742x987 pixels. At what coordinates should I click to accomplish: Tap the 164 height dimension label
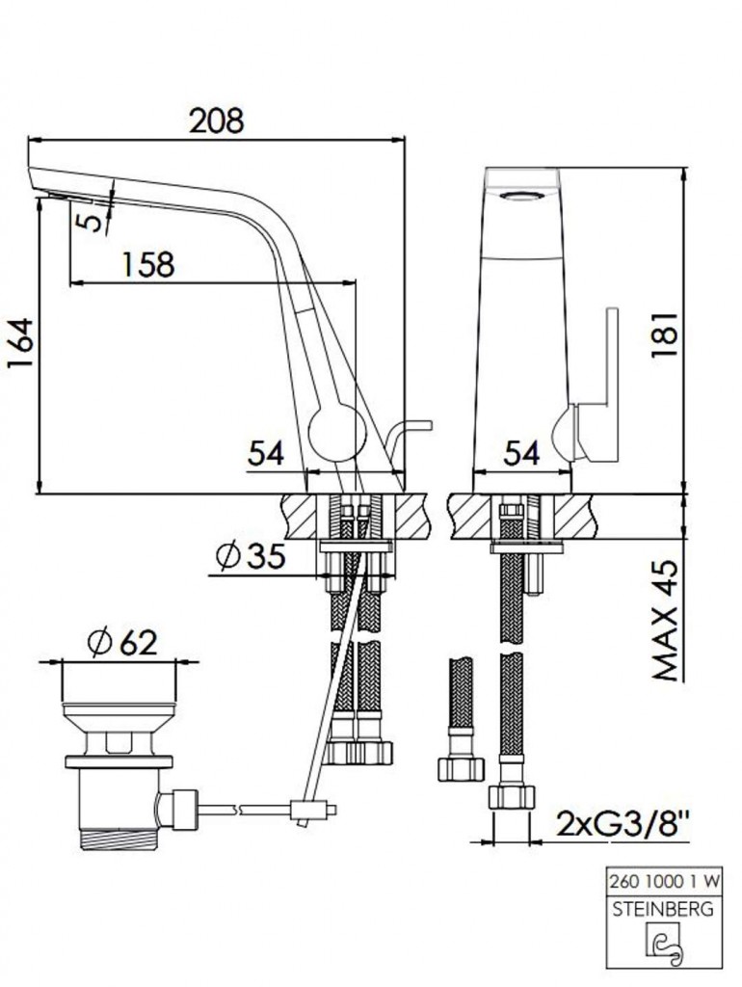20,344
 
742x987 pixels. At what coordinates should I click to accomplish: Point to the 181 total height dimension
665,334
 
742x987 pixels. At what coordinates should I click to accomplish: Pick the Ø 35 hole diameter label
250,555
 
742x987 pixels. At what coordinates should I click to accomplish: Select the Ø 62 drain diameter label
122,642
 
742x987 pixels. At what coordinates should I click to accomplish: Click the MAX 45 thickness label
666,620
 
